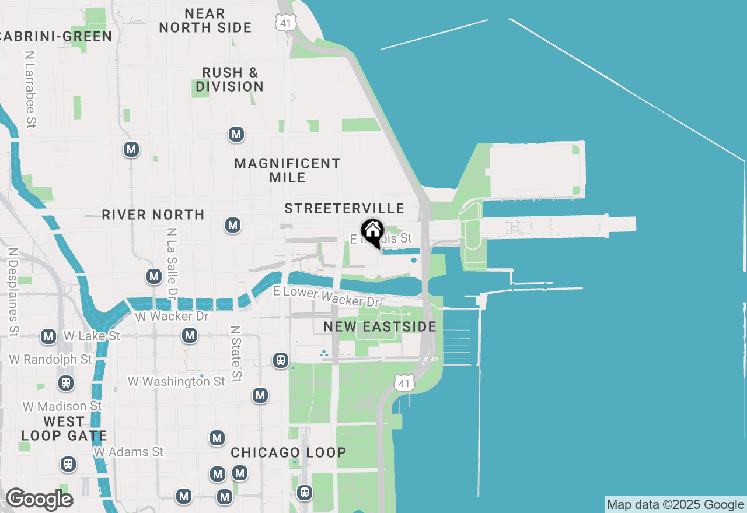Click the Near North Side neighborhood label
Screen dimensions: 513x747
point(205,20)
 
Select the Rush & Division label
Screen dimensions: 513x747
point(229,79)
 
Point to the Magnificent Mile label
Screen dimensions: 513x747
point(287,170)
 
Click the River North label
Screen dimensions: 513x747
point(153,215)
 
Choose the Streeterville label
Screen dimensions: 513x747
point(344,208)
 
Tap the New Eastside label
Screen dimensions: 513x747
point(380,326)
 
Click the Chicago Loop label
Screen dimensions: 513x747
point(288,452)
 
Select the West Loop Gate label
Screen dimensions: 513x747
point(64,428)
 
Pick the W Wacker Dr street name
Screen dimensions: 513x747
point(172,317)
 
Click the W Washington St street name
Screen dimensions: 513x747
point(176,381)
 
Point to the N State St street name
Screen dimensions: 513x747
point(235,354)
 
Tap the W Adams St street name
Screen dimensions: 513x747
point(129,452)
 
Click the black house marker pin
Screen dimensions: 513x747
point(372,232)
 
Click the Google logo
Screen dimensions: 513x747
point(39,499)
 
